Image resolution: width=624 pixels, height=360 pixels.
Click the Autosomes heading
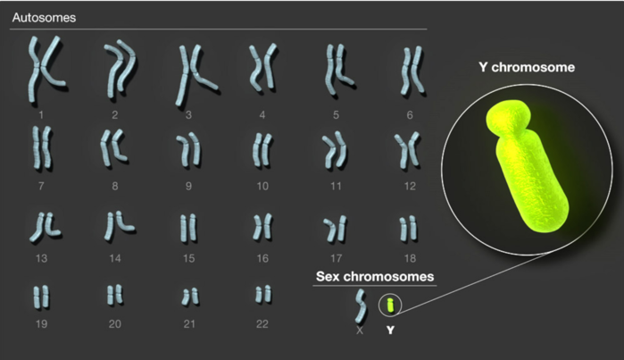tap(44, 18)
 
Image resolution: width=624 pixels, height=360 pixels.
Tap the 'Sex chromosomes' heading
tap(375, 276)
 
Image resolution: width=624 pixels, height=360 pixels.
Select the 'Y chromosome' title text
tap(527, 67)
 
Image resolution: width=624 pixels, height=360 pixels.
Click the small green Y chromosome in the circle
tap(391, 306)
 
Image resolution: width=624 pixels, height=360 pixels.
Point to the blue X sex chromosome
tap(361, 306)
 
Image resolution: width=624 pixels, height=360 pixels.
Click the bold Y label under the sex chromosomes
tap(390, 331)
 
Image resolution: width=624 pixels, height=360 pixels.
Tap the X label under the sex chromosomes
tap(360, 331)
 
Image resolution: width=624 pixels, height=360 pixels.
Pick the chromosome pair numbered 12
tap(407, 151)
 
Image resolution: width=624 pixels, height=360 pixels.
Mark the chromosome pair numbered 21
tap(190, 297)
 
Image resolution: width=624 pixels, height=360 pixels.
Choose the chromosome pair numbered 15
tap(188, 228)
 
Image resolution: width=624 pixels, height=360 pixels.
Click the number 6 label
tap(410, 115)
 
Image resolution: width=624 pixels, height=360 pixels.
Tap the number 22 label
tap(262, 324)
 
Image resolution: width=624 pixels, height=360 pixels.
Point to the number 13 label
tap(41, 258)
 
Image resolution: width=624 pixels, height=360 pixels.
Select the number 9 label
tap(188, 186)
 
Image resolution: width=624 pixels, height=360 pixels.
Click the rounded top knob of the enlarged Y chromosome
tap(509, 118)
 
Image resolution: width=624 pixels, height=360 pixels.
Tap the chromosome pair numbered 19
tap(41, 297)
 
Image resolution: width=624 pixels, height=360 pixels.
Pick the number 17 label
tap(337, 258)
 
